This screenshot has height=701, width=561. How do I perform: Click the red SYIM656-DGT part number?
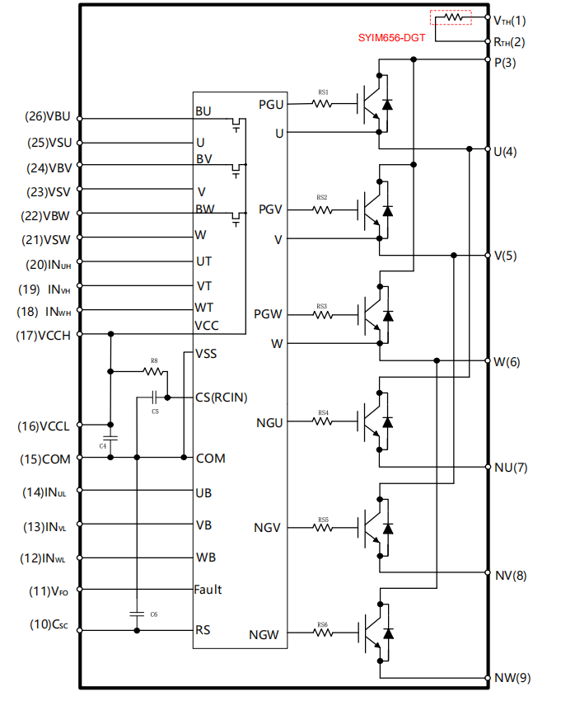(391, 38)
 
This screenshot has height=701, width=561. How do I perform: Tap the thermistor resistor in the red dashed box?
(451, 17)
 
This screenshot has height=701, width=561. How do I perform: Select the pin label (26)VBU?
(49, 117)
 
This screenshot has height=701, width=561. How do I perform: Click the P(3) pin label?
(504, 63)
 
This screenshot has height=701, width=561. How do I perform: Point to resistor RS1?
(322, 103)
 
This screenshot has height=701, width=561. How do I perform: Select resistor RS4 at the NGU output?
(322, 421)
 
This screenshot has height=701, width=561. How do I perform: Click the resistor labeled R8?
(154, 371)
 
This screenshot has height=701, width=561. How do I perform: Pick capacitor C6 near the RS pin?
(137, 614)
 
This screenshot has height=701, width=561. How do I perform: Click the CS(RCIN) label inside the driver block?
(222, 397)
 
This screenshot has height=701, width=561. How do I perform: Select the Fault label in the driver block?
(208, 590)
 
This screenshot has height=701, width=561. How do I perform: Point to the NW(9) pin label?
(512, 678)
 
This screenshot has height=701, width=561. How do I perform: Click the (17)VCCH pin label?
(43, 335)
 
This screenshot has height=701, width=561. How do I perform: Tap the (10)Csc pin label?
(50, 624)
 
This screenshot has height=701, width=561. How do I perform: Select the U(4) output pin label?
(504, 152)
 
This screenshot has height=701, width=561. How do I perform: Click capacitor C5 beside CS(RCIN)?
(154, 398)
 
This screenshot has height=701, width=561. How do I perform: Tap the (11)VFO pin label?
(49, 590)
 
